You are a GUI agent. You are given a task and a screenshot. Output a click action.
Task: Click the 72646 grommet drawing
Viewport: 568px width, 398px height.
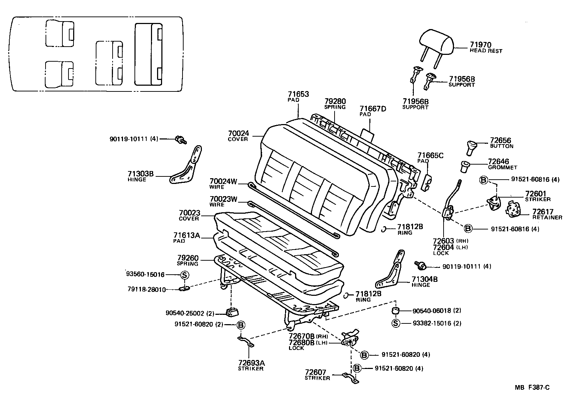point(465,166)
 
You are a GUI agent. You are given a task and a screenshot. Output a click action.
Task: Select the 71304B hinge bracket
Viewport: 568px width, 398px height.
point(391,273)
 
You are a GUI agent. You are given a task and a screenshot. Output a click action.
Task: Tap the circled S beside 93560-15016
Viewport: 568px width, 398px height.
point(184,275)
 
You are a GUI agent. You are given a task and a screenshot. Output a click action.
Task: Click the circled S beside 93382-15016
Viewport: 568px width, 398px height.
point(396,323)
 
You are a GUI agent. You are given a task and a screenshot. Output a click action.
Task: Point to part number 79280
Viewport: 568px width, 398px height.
point(335,101)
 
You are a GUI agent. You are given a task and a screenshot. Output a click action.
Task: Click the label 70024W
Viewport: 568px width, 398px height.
point(223,181)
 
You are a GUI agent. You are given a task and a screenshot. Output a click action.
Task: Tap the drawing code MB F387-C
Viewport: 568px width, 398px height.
point(532,387)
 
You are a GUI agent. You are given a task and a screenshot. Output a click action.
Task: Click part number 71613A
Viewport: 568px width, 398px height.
point(186,236)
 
